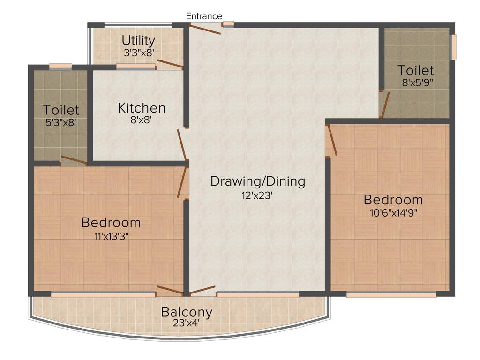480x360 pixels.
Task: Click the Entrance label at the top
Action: point(204,16)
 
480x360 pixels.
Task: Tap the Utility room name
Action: point(138,40)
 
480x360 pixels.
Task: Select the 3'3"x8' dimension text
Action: point(139,53)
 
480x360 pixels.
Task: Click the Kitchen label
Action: point(141,108)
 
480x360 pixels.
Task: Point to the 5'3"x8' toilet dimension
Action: point(61,122)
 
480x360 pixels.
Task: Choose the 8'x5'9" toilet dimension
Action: point(415,82)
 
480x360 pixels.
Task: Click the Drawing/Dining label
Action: point(257,181)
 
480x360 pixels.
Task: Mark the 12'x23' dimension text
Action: point(257,195)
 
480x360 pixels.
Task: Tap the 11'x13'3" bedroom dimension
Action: point(111,235)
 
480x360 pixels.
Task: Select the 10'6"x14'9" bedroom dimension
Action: point(393,212)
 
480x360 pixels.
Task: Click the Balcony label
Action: point(187,312)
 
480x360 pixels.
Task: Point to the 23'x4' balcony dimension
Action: point(187,322)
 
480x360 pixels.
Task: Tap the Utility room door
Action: point(170,65)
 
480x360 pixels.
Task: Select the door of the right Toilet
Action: point(385,105)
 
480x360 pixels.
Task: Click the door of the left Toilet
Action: point(74,160)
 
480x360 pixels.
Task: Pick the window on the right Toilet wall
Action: point(453,47)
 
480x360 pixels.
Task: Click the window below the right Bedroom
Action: point(391,295)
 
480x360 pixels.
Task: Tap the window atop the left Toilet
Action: point(60,67)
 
